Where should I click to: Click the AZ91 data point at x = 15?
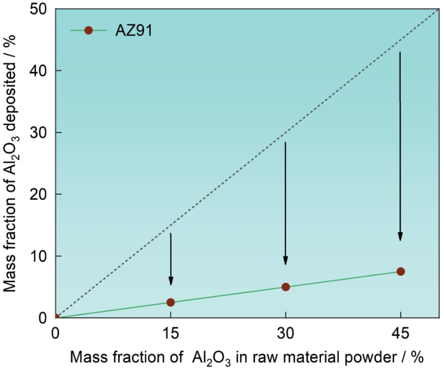[171, 302]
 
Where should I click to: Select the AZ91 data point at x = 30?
[286, 287]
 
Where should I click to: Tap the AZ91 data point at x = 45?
[400, 272]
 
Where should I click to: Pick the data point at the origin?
[56, 317]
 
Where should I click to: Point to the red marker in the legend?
[88, 31]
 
